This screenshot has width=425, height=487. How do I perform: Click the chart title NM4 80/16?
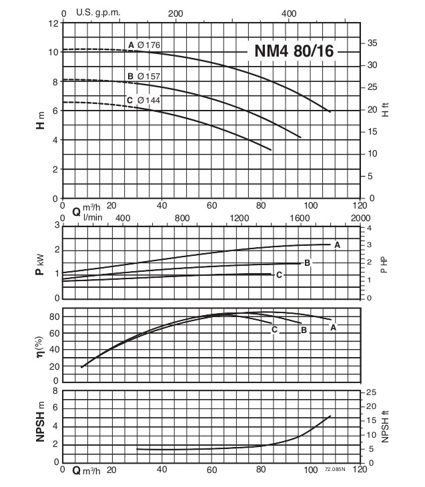[294, 51]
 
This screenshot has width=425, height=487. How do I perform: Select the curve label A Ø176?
[144, 45]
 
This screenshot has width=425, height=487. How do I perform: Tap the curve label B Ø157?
[143, 76]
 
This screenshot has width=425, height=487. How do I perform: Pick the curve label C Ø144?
[143, 101]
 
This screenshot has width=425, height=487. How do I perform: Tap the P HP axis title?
[384, 265]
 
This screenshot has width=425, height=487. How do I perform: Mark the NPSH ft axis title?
[385, 427]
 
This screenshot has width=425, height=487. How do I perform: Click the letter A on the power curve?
[338, 245]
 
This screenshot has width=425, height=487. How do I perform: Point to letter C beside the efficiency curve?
[274, 329]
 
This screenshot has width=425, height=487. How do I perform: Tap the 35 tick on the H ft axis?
[372, 43]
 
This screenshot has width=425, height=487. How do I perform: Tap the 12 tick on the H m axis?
[54, 23]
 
